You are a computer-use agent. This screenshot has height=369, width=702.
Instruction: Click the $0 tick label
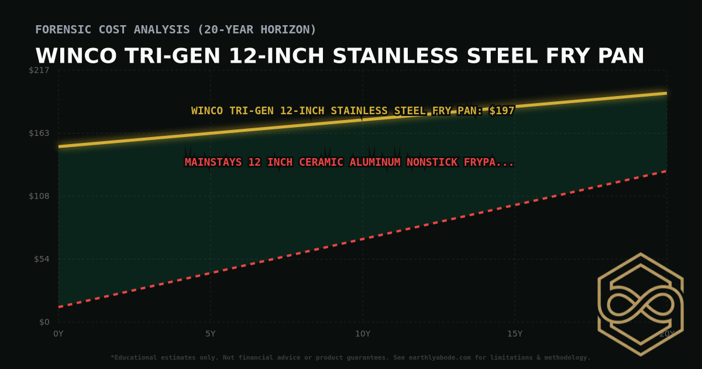(x=44, y=322)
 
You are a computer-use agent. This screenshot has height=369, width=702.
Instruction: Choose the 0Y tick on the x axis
(x=58, y=334)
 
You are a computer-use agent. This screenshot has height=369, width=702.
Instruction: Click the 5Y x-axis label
(x=211, y=334)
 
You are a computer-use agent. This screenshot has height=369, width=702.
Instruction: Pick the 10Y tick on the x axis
(x=363, y=334)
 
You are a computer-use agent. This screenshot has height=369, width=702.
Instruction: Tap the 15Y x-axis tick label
(x=515, y=334)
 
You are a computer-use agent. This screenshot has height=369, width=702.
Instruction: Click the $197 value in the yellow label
(x=502, y=111)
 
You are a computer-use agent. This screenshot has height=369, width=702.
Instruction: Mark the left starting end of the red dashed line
(x=59, y=307)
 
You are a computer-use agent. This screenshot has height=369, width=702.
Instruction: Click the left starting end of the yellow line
(x=59, y=146)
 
